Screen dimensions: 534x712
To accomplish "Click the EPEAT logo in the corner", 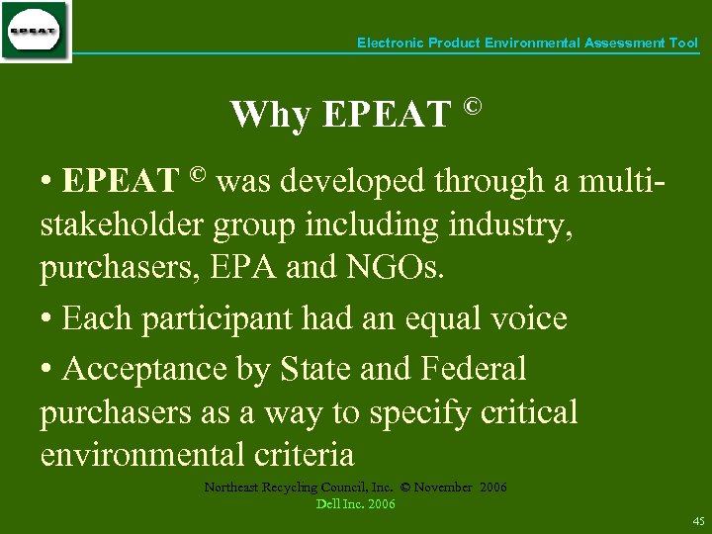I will click(x=35, y=32).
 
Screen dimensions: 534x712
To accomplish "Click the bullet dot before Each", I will click(x=46, y=319).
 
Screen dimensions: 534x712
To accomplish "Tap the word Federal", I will click(x=474, y=369).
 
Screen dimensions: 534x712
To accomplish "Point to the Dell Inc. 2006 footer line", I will click(x=355, y=504).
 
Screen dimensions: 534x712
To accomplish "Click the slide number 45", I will click(x=698, y=521).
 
